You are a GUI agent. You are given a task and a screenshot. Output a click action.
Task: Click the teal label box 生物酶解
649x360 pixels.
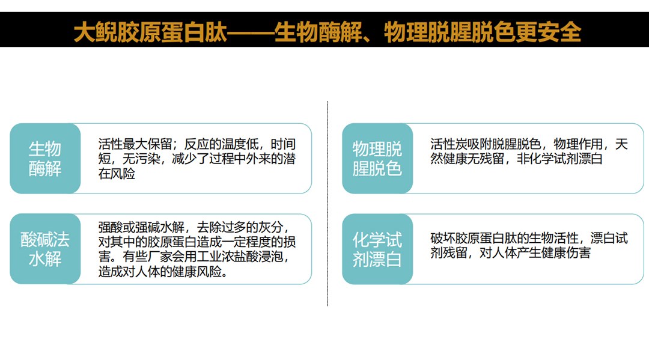click(45, 159)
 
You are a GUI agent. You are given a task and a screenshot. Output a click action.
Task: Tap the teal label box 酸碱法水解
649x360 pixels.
click(45, 249)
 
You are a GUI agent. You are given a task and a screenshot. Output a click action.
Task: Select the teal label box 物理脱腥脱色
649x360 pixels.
click(377, 159)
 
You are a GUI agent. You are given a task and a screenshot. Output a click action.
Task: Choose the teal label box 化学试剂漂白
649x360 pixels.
click(377, 249)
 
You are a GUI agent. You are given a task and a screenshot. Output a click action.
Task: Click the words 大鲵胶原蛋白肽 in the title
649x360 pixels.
click(151, 32)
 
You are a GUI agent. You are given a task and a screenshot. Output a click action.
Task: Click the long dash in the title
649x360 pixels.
click(251, 32)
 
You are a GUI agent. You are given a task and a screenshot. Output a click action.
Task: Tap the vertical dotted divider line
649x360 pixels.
click(328, 204)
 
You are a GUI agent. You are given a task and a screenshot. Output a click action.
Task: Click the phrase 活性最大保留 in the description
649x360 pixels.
click(135, 144)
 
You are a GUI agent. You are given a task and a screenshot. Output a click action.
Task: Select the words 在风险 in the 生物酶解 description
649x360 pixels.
click(117, 174)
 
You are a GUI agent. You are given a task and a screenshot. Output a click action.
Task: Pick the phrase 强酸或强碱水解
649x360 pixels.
click(141, 227)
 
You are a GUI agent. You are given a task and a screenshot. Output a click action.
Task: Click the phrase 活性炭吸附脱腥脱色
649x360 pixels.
click(486, 144)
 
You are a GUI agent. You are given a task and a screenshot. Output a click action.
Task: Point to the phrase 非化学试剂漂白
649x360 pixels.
click(559, 159)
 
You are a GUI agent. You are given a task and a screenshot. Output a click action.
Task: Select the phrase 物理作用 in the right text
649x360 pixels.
click(579, 144)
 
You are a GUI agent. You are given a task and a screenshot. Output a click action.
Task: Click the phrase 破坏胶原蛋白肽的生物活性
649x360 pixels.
click(504, 238)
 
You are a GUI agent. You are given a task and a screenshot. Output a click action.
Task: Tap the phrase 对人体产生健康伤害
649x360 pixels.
click(535, 253)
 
